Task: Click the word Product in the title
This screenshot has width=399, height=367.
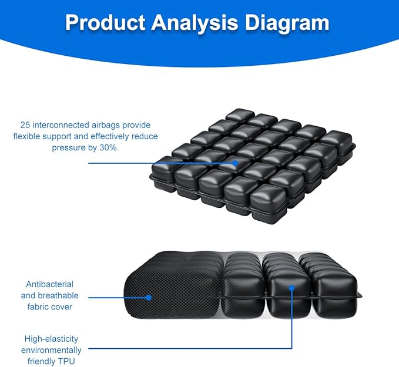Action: pos(105,23)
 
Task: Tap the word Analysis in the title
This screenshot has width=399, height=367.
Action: pos(195,23)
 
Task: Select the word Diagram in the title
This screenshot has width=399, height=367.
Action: pos(287,23)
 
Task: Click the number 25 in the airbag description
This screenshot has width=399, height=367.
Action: pos(25,125)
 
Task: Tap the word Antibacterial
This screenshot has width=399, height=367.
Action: pos(49,284)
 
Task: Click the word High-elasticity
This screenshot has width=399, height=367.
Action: pos(51,339)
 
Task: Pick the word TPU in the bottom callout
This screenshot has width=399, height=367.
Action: pos(66,361)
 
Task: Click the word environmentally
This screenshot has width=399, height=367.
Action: pos(51,351)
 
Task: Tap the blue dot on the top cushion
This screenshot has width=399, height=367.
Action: pos(236,163)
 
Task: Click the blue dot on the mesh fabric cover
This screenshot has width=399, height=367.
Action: pos(149,298)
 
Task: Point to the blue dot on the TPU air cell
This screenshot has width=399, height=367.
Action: pos(292,288)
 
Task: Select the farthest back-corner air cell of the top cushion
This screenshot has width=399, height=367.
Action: pos(240,115)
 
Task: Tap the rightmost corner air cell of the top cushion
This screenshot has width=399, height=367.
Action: pos(336,143)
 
